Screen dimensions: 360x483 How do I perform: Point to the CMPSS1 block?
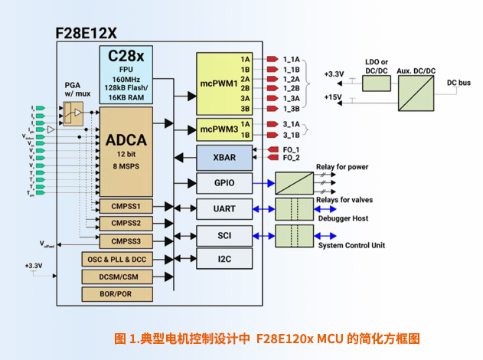point(126,206)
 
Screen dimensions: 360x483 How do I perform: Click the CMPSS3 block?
point(126,241)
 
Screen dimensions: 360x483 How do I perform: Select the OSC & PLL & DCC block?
point(116,260)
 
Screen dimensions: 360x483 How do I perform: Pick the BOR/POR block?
point(116,293)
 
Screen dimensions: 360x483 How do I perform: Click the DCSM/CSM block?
point(116,277)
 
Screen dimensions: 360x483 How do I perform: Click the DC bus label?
point(459,81)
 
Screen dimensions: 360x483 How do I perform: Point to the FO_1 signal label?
point(291,149)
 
